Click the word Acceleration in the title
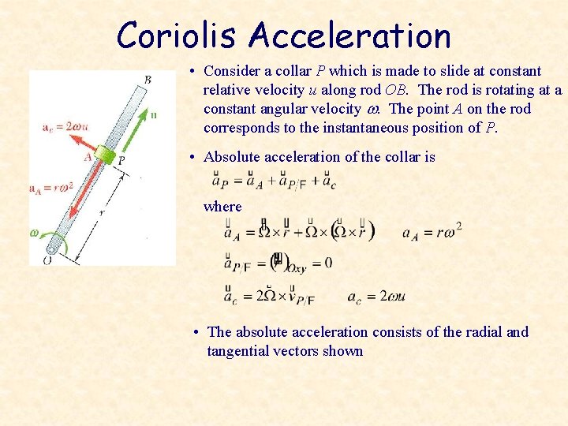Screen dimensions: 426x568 pos(349,35)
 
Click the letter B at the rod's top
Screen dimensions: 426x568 pos(148,79)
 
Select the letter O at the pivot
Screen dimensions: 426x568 pos(47,259)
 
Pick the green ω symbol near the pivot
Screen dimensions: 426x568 pos(34,233)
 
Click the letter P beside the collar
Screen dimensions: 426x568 pos(120,160)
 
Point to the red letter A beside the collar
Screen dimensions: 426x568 pos(88,156)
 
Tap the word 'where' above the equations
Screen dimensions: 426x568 pos(222,207)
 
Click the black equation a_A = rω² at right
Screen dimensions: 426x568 pos(432,232)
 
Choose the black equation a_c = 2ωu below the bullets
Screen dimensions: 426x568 pos(376,297)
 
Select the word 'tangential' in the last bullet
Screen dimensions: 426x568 pos(240,351)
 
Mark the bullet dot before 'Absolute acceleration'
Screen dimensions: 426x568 pos(193,157)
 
